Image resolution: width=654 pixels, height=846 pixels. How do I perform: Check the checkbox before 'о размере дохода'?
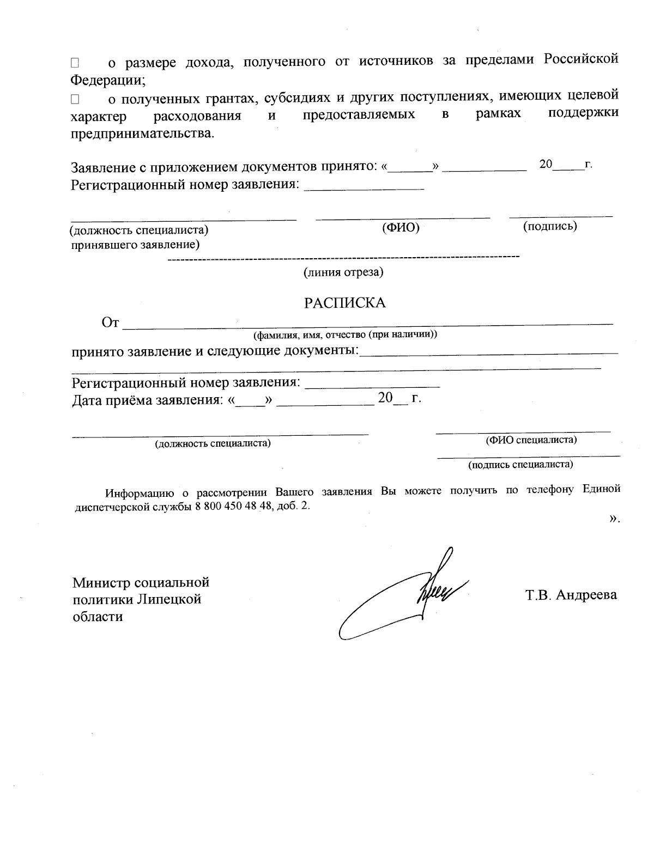[x=75, y=63]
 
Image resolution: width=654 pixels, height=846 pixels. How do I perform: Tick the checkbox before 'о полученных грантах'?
[x=75, y=100]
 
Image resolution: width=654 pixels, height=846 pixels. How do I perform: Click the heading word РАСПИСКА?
[x=344, y=303]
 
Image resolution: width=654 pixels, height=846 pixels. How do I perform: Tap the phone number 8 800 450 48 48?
[x=233, y=506]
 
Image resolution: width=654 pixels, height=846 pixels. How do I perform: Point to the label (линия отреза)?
[x=343, y=272]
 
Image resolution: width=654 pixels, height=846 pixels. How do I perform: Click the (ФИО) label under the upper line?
[x=401, y=228]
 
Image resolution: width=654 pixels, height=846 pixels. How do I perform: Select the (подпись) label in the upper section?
[x=550, y=226]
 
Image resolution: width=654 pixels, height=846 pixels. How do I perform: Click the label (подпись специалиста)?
[x=520, y=465]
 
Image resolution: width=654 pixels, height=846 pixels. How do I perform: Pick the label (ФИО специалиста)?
[x=531, y=440]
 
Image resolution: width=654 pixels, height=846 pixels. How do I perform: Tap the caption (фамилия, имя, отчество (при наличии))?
[x=344, y=334]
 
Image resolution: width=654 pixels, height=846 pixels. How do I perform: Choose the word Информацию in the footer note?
[x=140, y=492]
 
